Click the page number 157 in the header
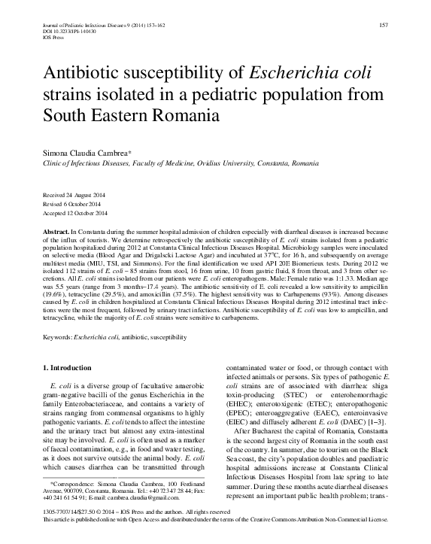(x=381, y=26)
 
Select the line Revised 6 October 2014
(x=72, y=203)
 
